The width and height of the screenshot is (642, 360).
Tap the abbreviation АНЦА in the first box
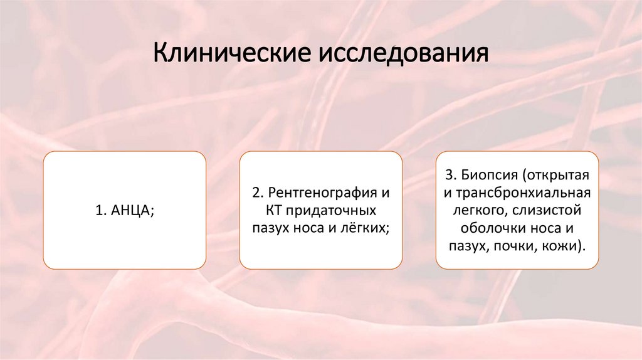click(x=130, y=211)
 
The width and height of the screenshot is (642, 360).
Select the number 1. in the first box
click(x=102, y=211)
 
